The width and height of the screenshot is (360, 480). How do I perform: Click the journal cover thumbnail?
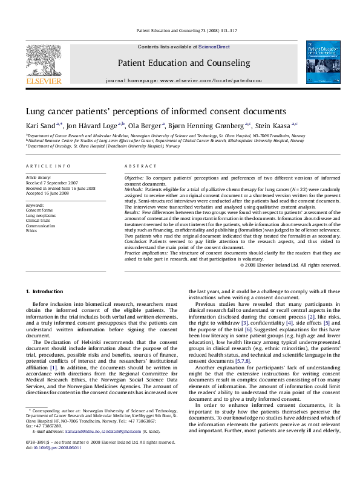tap(326, 62)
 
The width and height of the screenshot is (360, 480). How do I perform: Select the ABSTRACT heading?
tap(138, 166)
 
